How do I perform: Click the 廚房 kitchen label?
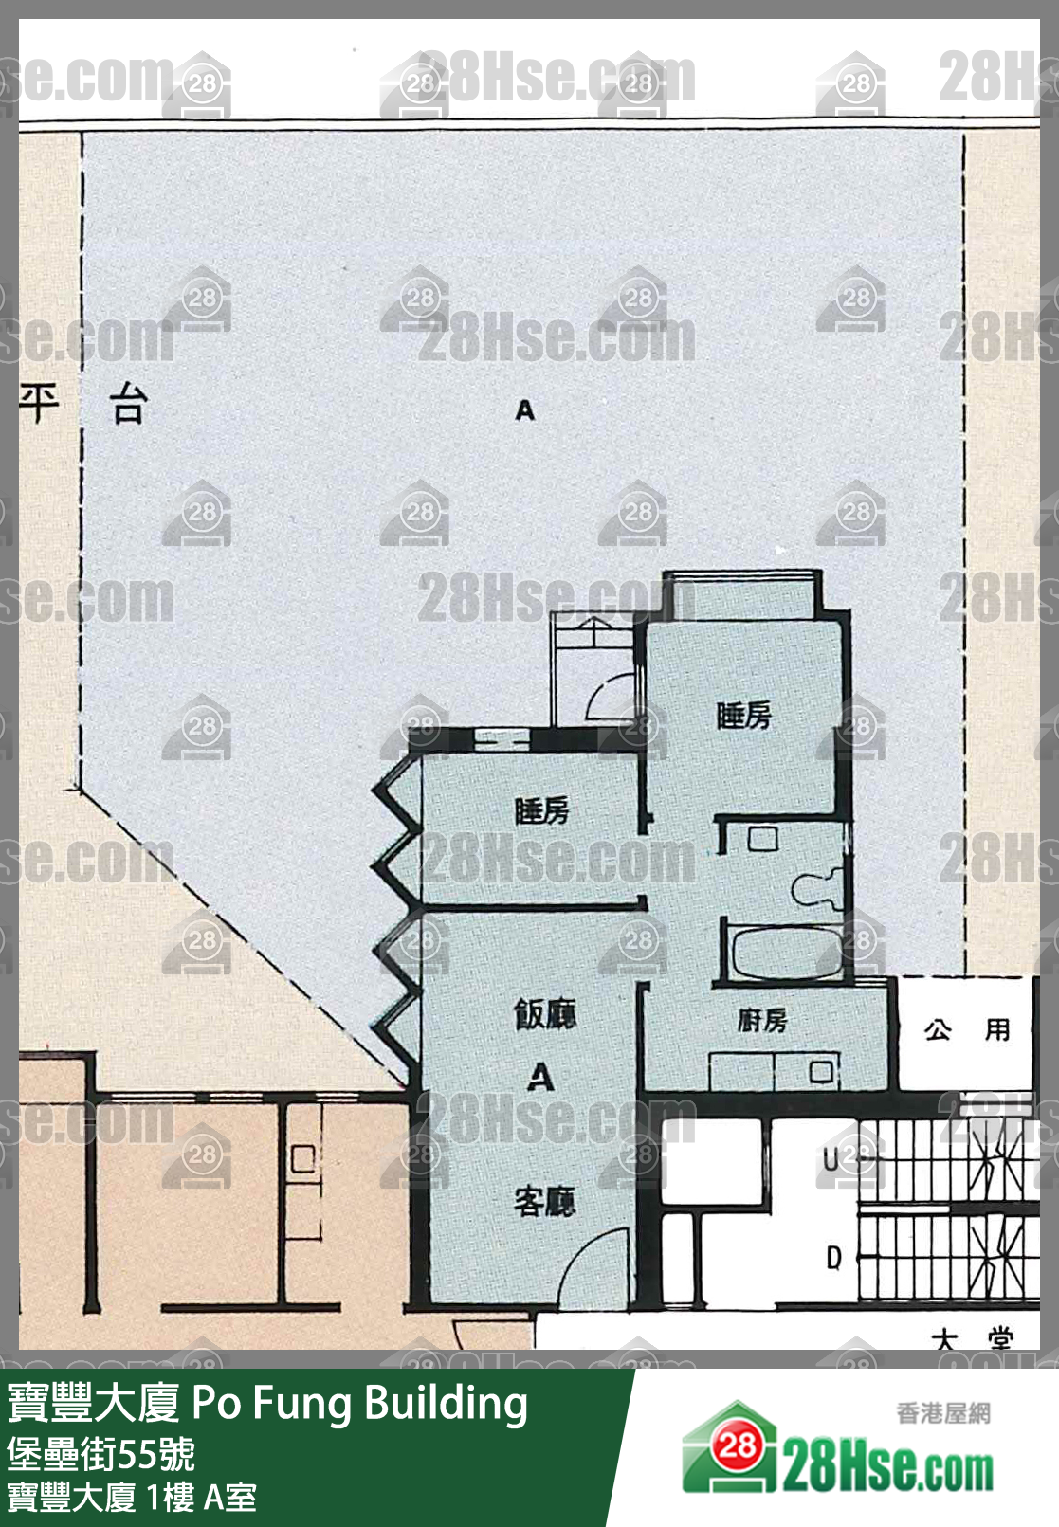point(762,1021)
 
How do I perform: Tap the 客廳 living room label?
point(544,1202)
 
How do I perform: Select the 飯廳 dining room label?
point(545,1015)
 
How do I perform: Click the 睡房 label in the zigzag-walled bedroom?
point(541,811)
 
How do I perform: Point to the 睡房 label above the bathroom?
point(744,716)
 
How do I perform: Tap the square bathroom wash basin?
point(762,839)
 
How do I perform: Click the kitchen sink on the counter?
point(822,1072)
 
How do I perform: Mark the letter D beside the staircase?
point(833,1258)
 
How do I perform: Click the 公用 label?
point(967,1030)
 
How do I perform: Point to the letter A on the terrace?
point(525,410)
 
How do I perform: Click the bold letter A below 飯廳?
point(540,1077)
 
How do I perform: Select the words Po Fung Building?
point(360,1404)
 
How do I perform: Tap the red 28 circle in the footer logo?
point(737,1445)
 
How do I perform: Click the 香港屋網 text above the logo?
point(943,1413)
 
